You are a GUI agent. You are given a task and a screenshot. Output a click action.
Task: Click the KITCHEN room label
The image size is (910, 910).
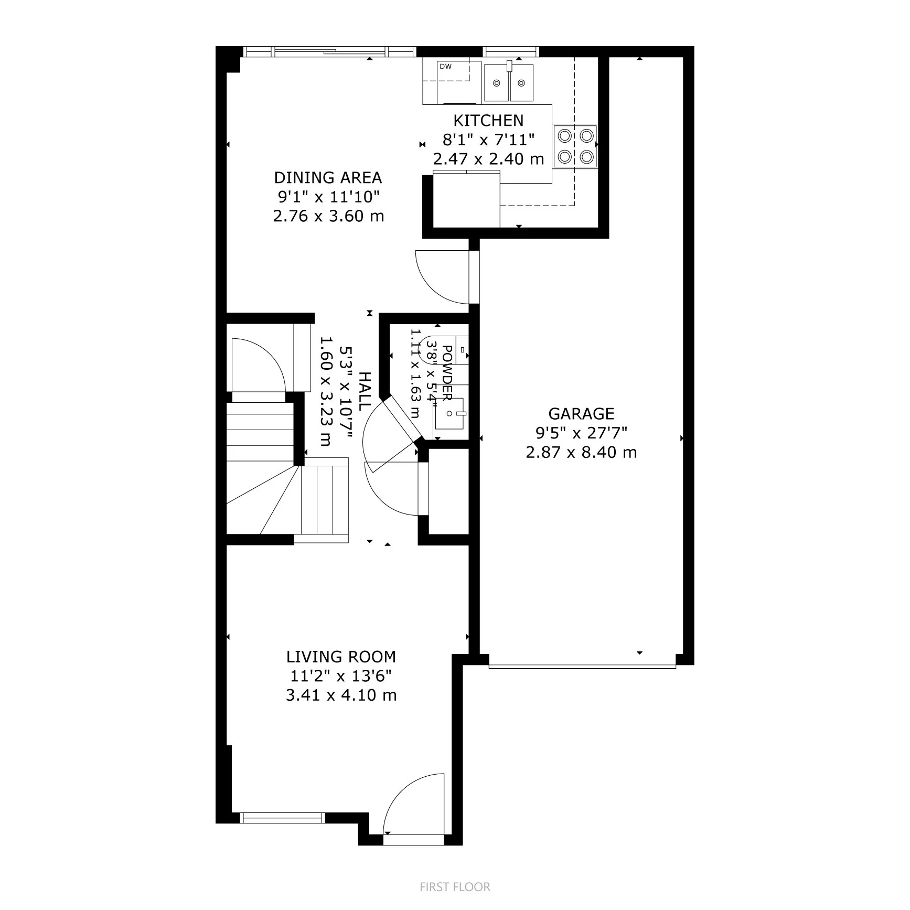(x=488, y=121)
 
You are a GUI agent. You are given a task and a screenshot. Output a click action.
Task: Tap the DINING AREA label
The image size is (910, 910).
(x=328, y=177)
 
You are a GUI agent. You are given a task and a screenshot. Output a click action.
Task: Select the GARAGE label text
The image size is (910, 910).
(x=581, y=414)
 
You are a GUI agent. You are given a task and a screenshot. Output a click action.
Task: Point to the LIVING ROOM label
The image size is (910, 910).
(x=341, y=657)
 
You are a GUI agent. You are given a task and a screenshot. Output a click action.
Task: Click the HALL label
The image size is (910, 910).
(x=365, y=391)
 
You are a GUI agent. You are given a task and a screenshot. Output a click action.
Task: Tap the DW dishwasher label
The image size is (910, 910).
(x=445, y=67)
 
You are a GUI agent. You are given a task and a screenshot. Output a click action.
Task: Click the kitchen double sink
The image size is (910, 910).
(x=508, y=82)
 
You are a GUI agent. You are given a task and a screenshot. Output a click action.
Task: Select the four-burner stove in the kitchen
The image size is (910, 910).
(x=575, y=146)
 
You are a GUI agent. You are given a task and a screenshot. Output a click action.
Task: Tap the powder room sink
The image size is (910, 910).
(x=451, y=413)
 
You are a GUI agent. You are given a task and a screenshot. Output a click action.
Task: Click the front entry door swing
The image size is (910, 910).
(x=414, y=810)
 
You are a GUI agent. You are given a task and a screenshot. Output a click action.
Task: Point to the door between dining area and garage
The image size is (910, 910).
(x=446, y=277)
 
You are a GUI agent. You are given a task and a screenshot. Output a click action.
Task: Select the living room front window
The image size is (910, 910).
(x=282, y=832)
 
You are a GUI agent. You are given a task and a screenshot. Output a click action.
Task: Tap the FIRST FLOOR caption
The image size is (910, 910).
(x=455, y=887)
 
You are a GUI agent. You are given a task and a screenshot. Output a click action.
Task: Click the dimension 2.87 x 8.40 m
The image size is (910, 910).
(x=581, y=452)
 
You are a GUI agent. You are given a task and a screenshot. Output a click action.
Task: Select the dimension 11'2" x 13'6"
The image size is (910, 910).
(x=341, y=676)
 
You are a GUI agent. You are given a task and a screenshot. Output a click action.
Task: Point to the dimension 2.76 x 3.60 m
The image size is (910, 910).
(x=328, y=216)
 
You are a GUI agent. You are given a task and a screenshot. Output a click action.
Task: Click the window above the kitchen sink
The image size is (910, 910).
(x=511, y=51)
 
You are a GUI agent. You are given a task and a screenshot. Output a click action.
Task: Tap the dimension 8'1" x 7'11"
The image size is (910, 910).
(x=488, y=140)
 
